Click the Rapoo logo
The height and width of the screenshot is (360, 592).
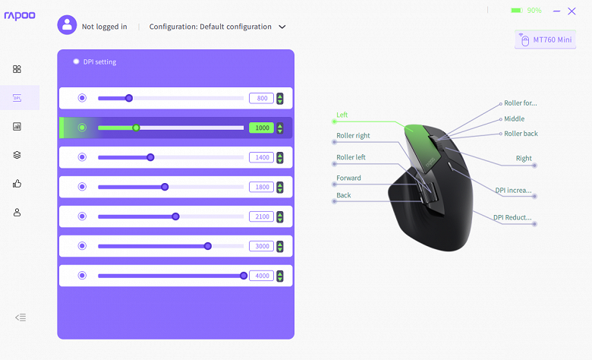[20, 15]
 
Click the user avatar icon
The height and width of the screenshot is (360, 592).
[67, 25]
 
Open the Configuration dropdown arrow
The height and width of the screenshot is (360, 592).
[282, 27]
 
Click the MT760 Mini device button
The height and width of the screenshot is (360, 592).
[545, 39]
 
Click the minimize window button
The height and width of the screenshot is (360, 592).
[556, 11]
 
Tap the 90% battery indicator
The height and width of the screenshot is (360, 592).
[526, 11]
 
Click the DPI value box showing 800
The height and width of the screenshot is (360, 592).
[261, 98]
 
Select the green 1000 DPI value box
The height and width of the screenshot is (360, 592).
[261, 128]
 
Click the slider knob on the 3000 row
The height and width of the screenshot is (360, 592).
[208, 246]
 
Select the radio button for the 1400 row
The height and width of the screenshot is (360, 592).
[82, 157]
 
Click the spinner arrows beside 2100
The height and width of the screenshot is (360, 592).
[280, 216]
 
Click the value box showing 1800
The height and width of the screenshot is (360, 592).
[261, 187]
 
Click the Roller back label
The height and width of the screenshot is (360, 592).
[521, 134]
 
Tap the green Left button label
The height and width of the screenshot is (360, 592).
[342, 115]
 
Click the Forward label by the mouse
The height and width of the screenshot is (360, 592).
[348, 178]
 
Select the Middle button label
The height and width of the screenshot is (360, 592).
[514, 119]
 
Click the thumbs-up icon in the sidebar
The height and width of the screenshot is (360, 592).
[17, 184]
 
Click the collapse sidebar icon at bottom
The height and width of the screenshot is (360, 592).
[20, 317]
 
